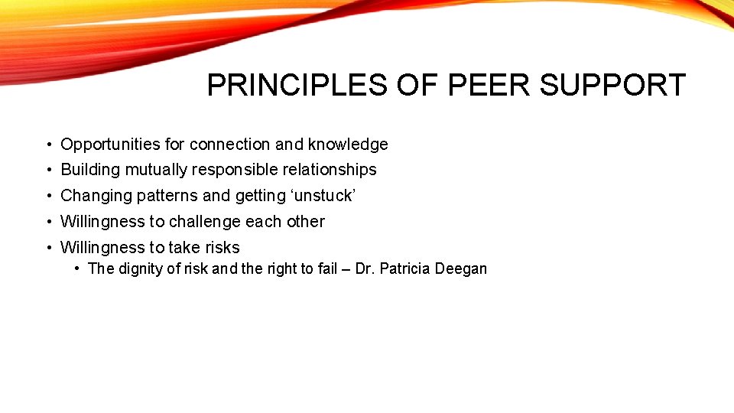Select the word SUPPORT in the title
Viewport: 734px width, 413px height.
pos(612,86)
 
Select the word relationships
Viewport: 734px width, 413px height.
pos(330,170)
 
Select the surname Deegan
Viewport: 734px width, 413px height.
pos(461,268)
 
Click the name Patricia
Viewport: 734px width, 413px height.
pos(406,268)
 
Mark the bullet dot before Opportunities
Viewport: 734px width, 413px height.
pos(48,145)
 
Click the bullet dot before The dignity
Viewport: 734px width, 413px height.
pos(79,268)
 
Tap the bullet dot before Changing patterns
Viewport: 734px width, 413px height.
pos(48,196)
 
